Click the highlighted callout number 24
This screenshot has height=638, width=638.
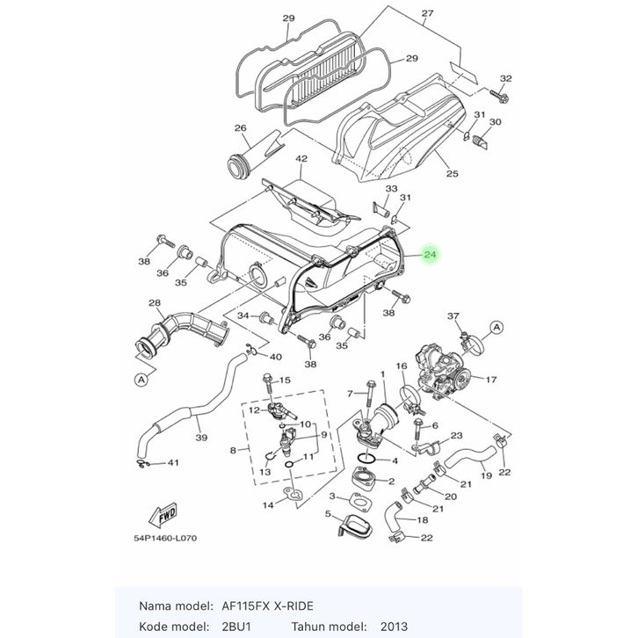pos(430,256)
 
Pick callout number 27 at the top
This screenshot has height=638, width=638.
pos(427,14)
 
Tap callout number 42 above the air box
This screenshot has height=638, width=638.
pos(301,159)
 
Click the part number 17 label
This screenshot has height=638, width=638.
pos(490,380)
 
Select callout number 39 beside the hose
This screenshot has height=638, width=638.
pos(201,438)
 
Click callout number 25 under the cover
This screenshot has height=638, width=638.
pos(452,173)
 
